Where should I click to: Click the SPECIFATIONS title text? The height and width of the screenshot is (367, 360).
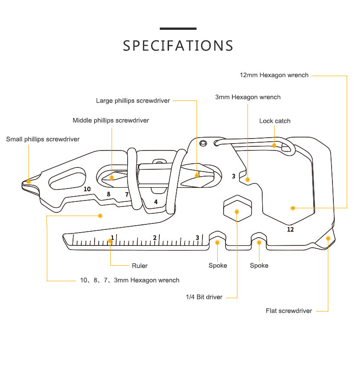tap(178, 46)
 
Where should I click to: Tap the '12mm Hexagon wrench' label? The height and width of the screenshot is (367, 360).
tap(274, 75)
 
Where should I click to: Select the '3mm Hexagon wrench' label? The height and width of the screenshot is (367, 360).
tap(247, 97)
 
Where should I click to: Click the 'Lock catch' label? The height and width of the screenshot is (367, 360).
tap(275, 121)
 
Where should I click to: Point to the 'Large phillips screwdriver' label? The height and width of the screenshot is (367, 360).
tap(133, 100)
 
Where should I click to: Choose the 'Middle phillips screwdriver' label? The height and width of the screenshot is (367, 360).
tap(111, 121)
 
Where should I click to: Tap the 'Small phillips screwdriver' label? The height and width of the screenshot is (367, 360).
tap(43, 139)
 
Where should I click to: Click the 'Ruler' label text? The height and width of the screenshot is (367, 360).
tap(140, 266)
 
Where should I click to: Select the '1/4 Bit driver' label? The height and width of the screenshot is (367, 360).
tap(204, 297)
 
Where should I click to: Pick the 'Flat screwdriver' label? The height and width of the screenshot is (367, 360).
tap(289, 311)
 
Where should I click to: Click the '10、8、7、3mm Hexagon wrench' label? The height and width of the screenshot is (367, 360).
tap(129, 280)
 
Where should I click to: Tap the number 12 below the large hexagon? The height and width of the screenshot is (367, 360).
tap(290, 229)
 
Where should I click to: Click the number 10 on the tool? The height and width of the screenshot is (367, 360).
tap(87, 189)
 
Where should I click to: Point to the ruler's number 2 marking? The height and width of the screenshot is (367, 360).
tap(155, 238)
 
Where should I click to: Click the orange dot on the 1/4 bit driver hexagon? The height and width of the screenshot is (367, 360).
tap(237, 211)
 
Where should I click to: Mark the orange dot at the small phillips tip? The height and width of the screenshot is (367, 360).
tap(29, 181)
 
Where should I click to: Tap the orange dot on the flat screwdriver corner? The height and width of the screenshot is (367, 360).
tap(328, 238)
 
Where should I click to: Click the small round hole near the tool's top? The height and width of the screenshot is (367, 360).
tap(202, 143)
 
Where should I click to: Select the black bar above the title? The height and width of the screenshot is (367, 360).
tap(178, 29)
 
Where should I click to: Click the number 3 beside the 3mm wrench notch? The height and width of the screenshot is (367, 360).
tap(233, 176)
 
